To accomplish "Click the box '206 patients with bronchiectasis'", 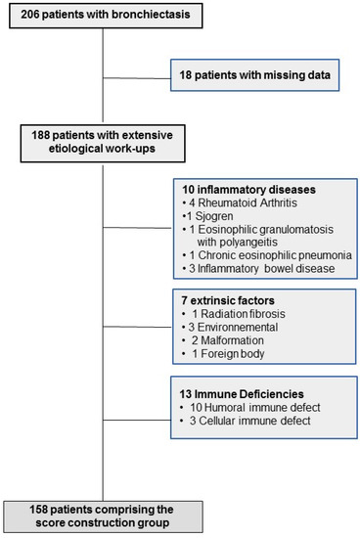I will click(103, 18).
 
